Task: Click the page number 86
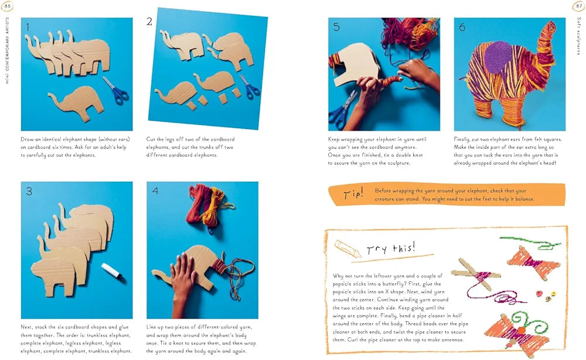8,6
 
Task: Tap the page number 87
578,6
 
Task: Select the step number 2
149,22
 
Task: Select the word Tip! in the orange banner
353,195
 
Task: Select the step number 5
336,26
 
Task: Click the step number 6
462,26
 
